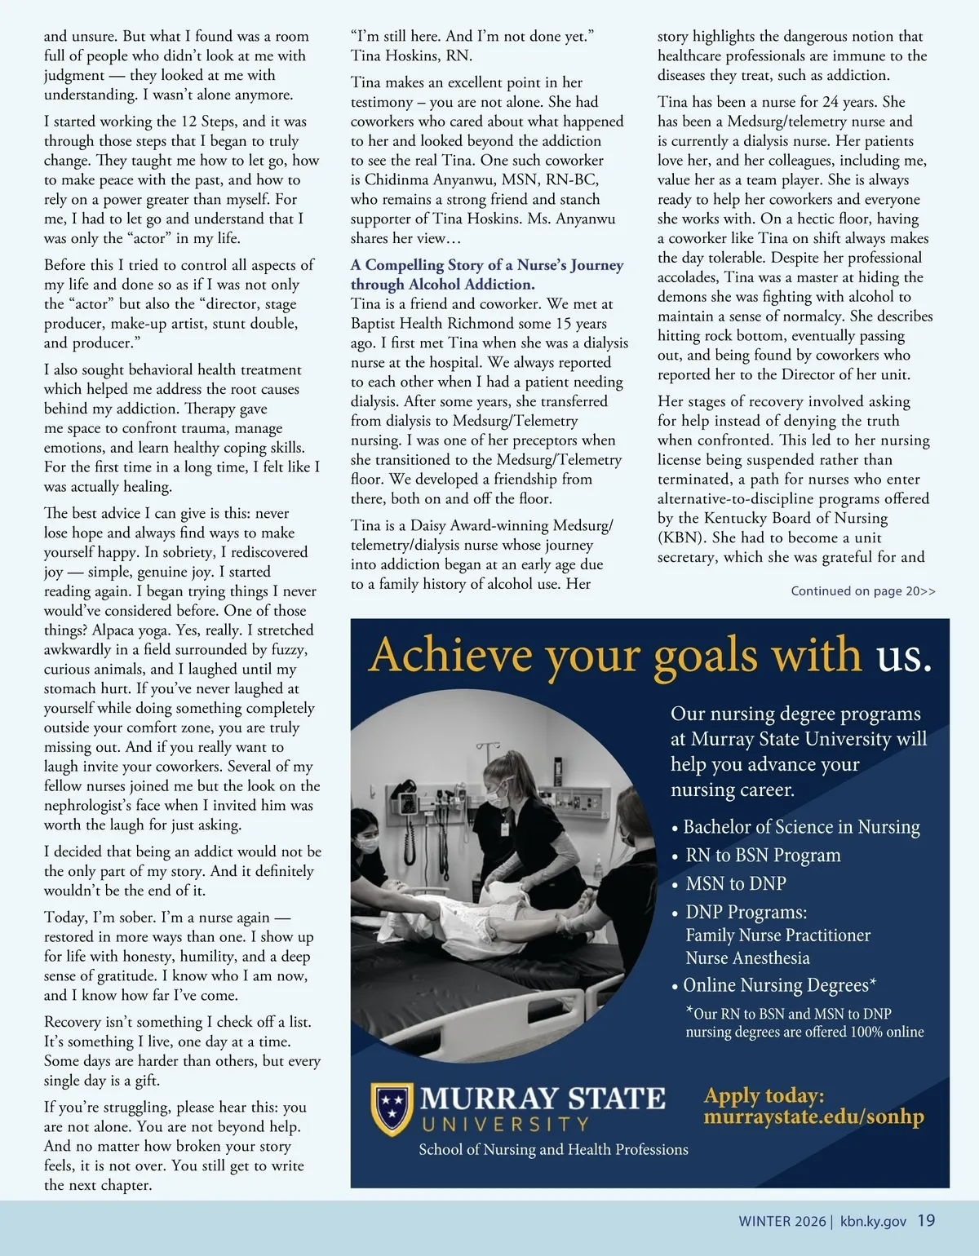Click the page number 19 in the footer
pyautogui.click(x=926, y=1221)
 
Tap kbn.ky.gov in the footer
pyautogui.click(x=873, y=1222)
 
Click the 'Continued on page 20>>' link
pyautogui.click(x=863, y=591)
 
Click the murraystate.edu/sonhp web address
pyautogui.click(x=813, y=1117)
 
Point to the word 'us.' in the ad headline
pyautogui.click(x=904, y=656)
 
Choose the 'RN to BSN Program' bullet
pyautogui.click(x=763, y=856)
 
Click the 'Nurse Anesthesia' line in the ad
pyautogui.click(x=747, y=958)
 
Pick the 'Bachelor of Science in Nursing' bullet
pyautogui.click(x=801, y=827)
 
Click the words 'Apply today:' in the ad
pyautogui.click(x=764, y=1095)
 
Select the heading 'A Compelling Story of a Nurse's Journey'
pyautogui.click(x=487, y=265)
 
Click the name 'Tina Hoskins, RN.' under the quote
pyautogui.click(x=411, y=56)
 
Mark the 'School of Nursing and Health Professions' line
pyautogui.click(x=553, y=1150)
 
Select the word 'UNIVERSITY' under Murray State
pyautogui.click(x=506, y=1125)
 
